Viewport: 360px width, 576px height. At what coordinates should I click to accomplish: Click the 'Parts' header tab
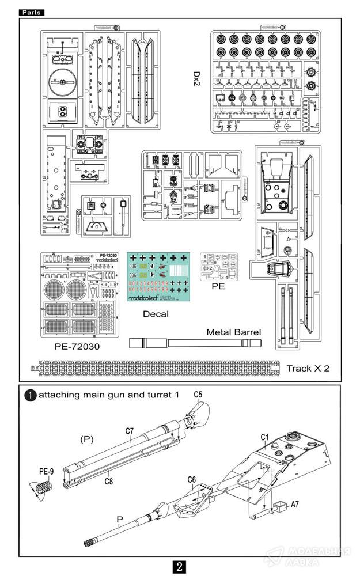31,12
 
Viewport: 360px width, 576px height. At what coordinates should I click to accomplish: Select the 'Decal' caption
156,314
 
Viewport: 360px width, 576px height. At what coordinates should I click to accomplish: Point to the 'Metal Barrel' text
234,332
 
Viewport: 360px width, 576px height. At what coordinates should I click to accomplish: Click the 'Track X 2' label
308,367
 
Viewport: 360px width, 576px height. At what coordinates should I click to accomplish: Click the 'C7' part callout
129,431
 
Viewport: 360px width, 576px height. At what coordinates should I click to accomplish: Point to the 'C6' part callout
192,479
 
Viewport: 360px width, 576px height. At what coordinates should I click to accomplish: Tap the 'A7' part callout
294,504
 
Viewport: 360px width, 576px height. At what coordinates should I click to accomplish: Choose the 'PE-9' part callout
46,472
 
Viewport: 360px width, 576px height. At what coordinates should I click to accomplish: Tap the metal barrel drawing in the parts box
195,343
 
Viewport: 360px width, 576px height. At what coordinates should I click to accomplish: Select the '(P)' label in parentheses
86,439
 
